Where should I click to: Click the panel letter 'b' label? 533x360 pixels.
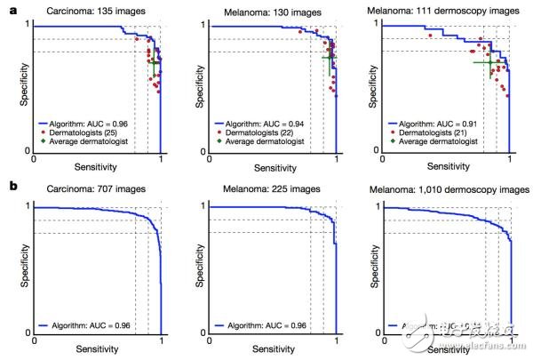coord(11,187)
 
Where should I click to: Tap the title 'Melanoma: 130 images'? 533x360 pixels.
coord(272,12)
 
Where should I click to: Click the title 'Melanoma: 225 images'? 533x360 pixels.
coord(272,189)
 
